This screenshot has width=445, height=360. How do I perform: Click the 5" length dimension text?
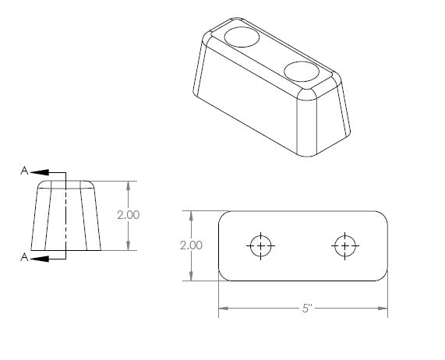point(307,308)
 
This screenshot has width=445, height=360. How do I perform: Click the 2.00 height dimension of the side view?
point(129,215)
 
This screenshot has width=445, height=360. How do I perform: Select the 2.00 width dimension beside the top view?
point(191,245)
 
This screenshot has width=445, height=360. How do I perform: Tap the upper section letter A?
point(24,171)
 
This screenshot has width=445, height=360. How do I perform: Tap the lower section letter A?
point(24,257)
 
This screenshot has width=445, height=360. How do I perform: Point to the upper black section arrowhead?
point(40,172)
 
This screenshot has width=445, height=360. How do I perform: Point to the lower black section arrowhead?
point(40,259)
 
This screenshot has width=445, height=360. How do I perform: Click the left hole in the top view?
point(260,245)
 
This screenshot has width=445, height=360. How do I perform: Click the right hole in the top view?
point(344,245)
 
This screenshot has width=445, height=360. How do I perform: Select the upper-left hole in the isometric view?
point(242,37)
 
